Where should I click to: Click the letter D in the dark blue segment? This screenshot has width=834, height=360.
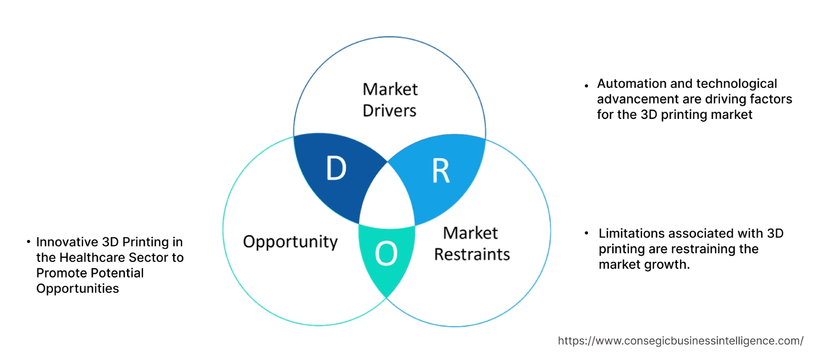337,169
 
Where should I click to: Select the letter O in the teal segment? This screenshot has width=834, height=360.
386,254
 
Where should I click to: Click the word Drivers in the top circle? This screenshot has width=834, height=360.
389,111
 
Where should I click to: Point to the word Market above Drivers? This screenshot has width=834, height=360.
390,89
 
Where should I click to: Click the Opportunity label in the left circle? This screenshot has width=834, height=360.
290,242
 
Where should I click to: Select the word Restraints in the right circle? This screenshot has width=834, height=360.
472,254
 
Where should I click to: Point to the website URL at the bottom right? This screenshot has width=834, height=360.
680,341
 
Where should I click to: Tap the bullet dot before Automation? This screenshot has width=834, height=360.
586,86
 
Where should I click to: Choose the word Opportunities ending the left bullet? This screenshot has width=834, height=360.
77,289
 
